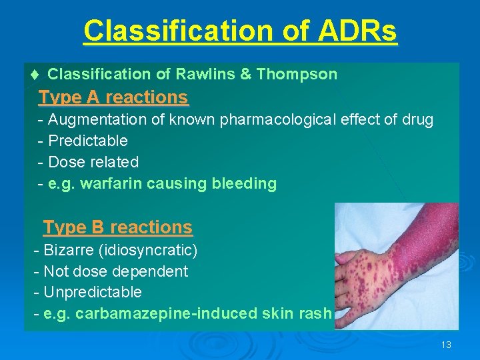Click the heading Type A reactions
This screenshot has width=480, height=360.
(113, 97)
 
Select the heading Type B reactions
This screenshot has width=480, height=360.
(118, 227)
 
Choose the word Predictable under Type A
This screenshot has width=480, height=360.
(88, 141)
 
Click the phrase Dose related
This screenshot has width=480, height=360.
(93, 162)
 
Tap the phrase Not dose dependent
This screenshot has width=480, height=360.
(115, 271)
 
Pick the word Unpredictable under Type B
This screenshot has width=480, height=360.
(92, 292)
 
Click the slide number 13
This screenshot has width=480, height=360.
(446, 345)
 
